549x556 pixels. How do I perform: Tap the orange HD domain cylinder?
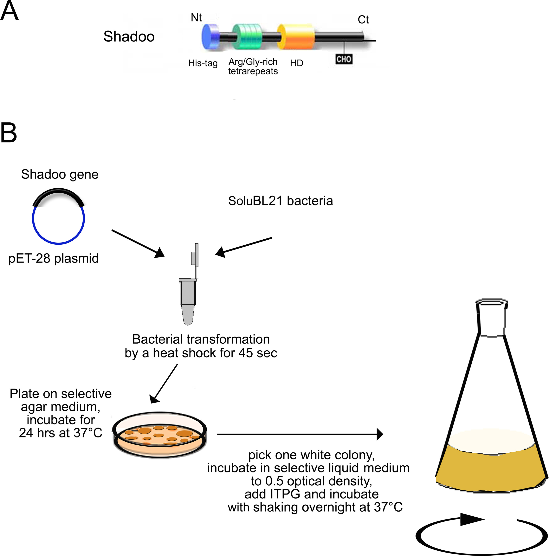pos(296,37)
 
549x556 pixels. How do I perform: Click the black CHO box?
pos(344,59)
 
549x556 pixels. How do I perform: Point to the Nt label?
pos(196,18)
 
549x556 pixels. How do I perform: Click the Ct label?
pos(363,20)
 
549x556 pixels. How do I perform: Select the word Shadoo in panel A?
pos(129,36)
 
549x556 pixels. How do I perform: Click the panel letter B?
pos(9,133)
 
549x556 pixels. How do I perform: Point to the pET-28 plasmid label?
pos(54,258)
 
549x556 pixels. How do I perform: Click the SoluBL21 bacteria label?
pos(280,201)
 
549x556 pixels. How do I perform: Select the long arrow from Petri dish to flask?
pos(299,434)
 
